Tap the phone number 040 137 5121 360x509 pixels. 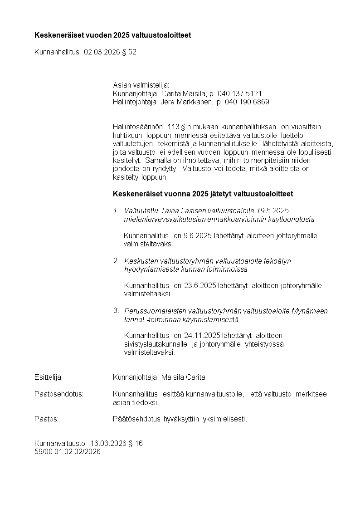[x=240, y=94]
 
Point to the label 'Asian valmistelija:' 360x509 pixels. [x=141, y=85]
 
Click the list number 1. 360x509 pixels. [x=115, y=211]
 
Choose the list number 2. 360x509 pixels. [x=116, y=260]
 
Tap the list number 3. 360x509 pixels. [x=116, y=311]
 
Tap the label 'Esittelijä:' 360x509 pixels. [x=49, y=377]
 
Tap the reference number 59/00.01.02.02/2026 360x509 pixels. [x=67, y=452]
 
